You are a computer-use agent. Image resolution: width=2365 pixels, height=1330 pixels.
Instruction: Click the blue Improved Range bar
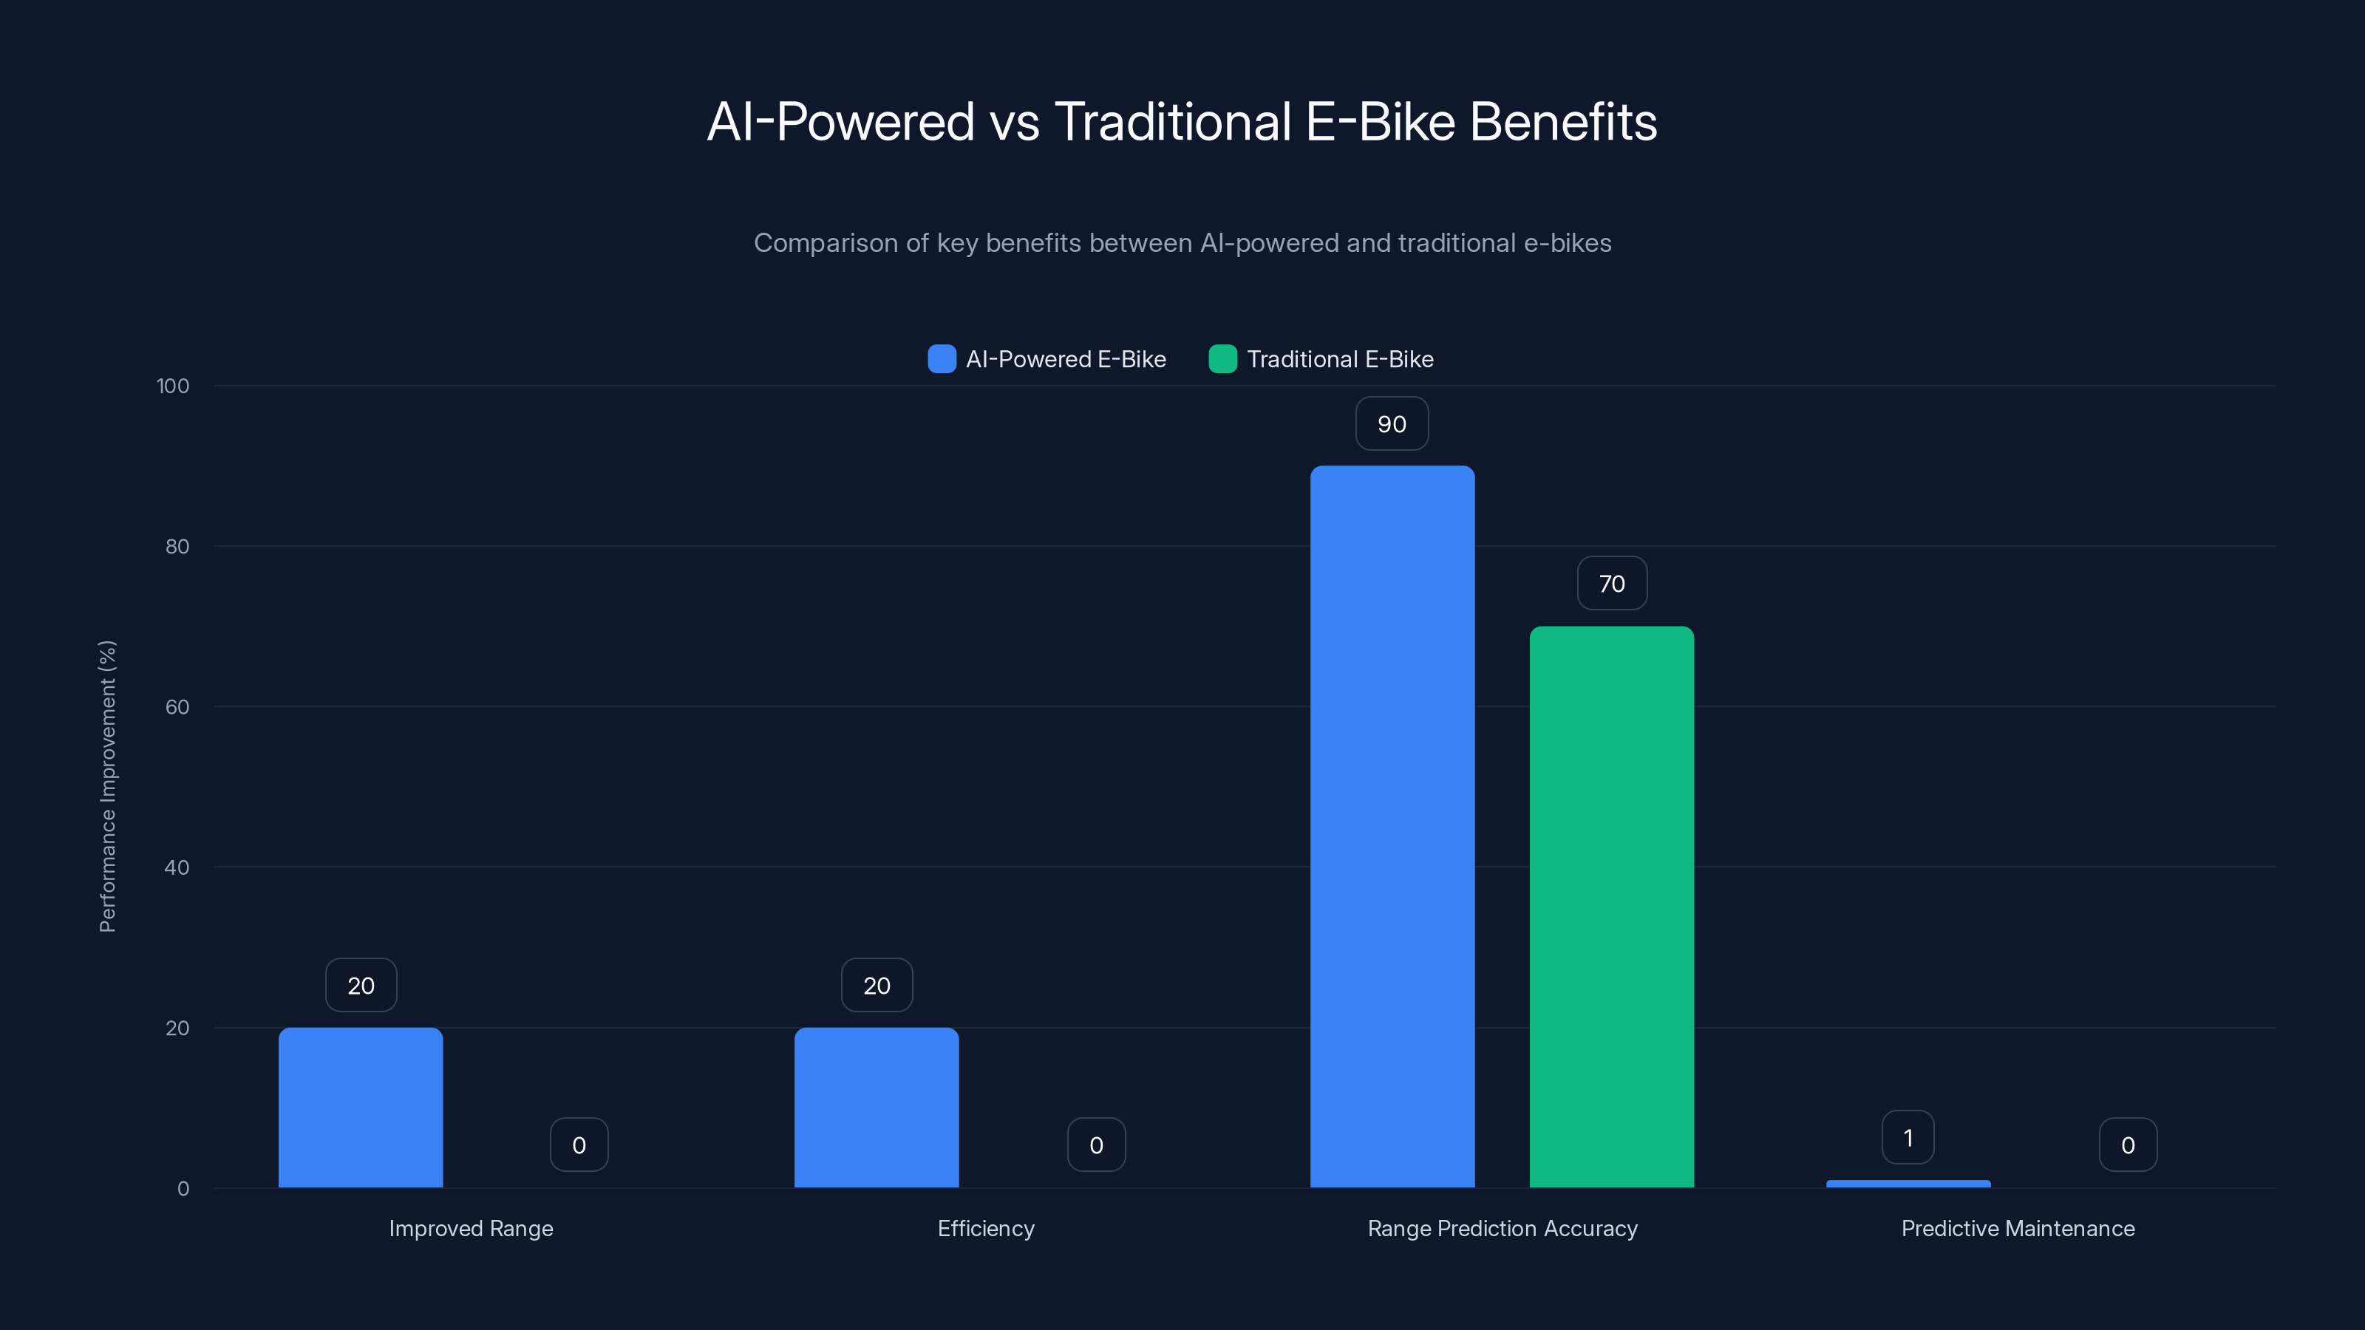(x=361, y=1107)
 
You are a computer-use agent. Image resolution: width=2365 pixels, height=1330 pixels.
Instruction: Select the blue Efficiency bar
(x=877, y=1107)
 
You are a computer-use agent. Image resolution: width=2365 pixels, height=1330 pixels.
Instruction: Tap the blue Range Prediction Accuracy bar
(x=1392, y=826)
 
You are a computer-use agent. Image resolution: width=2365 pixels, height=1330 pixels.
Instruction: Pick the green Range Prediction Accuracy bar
(x=1611, y=907)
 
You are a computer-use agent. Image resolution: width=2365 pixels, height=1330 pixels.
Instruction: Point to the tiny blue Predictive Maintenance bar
(x=1908, y=1184)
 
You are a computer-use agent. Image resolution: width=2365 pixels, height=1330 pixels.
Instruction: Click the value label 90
(x=1392, y=424)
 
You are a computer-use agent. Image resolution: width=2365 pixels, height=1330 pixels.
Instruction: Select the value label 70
(x=1611, y=584)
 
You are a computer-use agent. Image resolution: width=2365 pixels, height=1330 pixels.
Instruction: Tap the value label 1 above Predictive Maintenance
(x=1908, y=1138)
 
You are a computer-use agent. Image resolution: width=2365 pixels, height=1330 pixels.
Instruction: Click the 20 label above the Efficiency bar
(x=877, y=986)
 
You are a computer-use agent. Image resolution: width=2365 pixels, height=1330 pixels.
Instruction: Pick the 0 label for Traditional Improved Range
(x=579, y=1145)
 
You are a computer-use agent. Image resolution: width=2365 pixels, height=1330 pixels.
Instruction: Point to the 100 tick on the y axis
(x=173, y=386)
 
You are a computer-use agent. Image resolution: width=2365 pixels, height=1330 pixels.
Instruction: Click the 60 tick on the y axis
(x=177, y=707)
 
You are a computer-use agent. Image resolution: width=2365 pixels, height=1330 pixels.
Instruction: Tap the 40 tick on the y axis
(x=177, y=867)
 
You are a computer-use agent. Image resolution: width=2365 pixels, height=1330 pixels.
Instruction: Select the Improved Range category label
(x=471, y=1229)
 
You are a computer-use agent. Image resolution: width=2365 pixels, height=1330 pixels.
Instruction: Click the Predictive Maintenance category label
(x=2018, y=1229)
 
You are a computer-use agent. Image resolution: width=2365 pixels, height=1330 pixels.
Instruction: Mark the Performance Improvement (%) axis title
(x=107, y=787)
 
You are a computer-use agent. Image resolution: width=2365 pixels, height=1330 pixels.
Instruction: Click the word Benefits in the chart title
(x=1564, y=122)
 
